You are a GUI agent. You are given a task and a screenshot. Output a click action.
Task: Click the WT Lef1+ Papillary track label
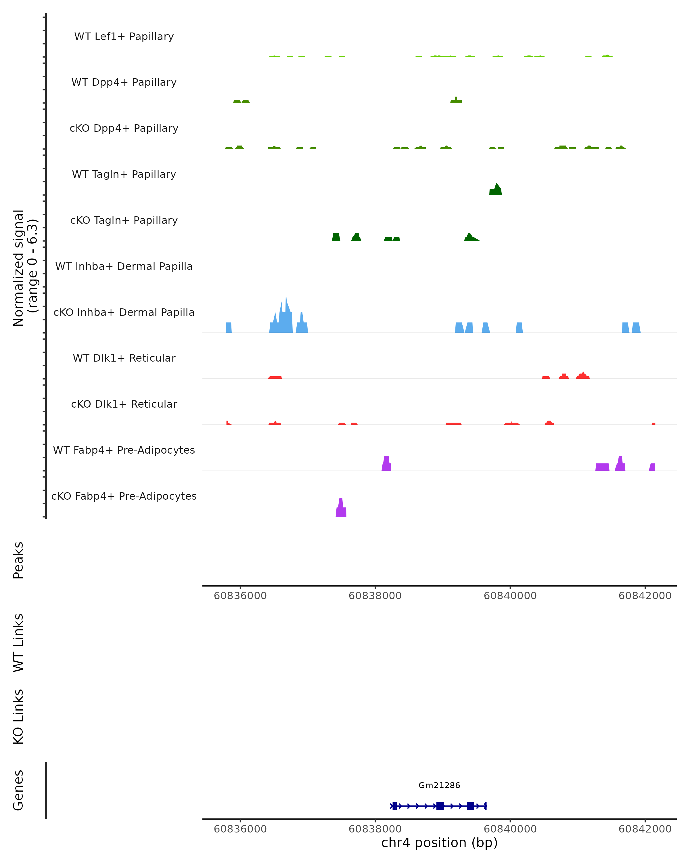click(124, 37)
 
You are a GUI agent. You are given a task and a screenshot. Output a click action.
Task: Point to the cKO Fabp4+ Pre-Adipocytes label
click(124, 496)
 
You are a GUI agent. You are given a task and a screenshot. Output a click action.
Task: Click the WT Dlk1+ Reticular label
click(124, 358)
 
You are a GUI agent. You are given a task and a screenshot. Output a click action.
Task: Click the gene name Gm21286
click(439, 785)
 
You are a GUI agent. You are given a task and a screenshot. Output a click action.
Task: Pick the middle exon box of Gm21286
click(440, 806)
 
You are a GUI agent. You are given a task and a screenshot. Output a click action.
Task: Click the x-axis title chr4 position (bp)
click(439, 843)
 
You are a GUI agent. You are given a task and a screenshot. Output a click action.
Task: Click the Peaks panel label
click(18, 560)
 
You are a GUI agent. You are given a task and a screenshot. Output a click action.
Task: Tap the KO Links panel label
click(18, 717)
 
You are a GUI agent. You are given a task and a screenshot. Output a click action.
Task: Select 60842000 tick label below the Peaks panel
click(645, 596)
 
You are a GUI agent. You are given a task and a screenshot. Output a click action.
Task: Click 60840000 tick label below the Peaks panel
click(510, 596)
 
